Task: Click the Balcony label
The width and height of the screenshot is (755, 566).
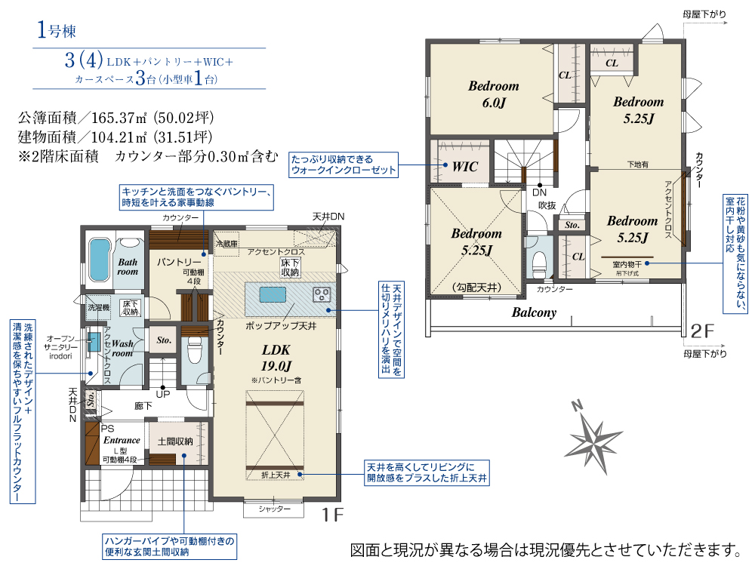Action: point(534,312)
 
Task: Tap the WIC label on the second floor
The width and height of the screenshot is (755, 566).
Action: point(464,168)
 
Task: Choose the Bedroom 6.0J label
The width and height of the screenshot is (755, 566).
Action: point(493,94)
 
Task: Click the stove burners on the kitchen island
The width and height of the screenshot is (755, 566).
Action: point(322,294)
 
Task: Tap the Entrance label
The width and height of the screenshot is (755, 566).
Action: point(122,440)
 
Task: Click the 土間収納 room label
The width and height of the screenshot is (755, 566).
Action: point(175,441)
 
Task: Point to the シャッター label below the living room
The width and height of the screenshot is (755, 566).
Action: point(274,509)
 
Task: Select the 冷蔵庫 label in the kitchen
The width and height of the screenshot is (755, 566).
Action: point(226,244)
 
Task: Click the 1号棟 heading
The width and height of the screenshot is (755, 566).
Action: point(57,31)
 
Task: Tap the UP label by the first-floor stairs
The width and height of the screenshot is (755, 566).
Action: point(162,394)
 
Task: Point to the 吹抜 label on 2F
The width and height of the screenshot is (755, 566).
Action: point(547,205)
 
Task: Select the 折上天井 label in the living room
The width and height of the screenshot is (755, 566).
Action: point(274,474)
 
